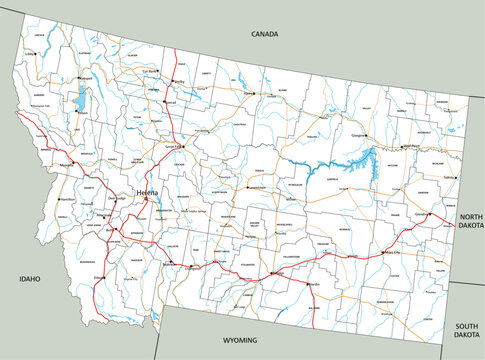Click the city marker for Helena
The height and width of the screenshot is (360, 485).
pos(146,198)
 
